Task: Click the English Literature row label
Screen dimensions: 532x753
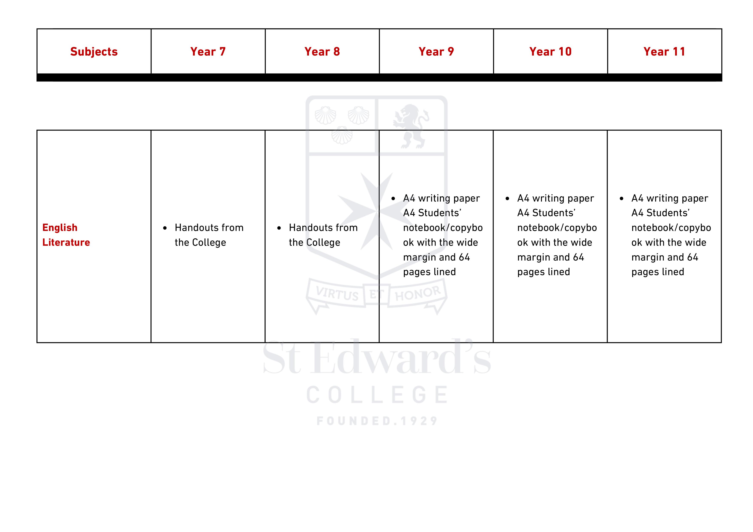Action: point(66,235)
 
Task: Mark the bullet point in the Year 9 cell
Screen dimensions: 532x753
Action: point(393,199)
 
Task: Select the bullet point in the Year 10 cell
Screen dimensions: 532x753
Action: point(507,199)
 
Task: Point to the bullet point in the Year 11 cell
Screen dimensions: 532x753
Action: point(621,199)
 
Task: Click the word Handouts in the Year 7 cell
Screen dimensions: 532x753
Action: point(195,228)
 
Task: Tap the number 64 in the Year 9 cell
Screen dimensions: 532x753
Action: point(464,257)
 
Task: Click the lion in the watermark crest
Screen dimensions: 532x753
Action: point(411,126)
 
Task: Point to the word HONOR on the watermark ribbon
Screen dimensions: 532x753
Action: point(418,293)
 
